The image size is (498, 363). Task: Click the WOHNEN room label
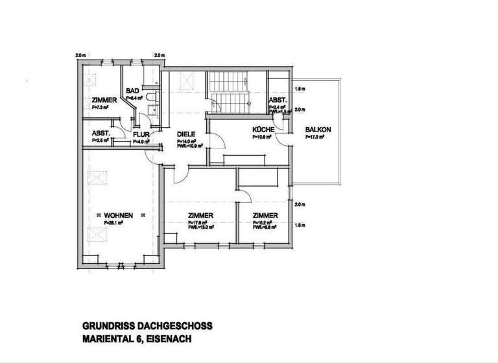tap(118, 215)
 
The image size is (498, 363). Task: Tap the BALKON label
tap(318, 130)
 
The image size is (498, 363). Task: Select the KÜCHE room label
tap(264, 130)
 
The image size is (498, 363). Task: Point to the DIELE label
tap(186, 134)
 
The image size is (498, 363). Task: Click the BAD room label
tap(132, 91)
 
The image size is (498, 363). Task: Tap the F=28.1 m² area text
tap(113, 222)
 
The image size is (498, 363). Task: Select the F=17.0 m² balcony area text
tap(317, 137)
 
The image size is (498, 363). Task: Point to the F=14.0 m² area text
tap(185, 141)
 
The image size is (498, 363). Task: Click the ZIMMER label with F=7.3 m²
tap(104, 100)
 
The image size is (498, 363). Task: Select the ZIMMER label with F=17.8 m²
tap(201, 216)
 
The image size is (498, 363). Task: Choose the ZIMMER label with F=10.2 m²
tap(265, 216)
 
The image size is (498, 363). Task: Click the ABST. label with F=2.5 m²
tap(101, 133)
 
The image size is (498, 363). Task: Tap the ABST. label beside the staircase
tap(278, 100)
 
